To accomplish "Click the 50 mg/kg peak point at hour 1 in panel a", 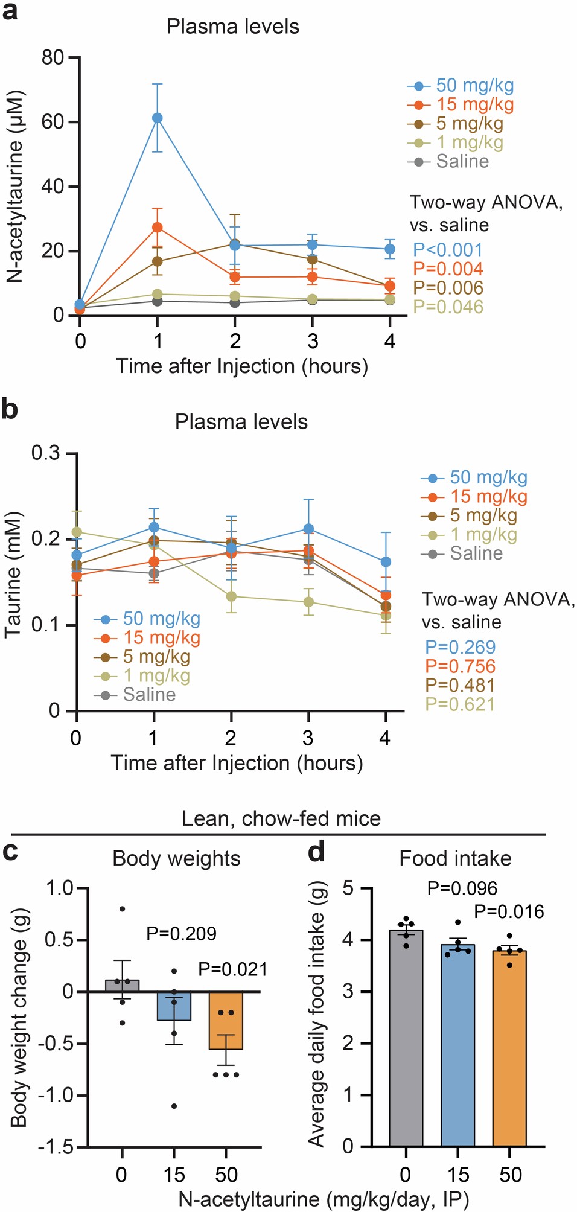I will pyautogui.click(x=157, y=118).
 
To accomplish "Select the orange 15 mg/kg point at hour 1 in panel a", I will pyautogui.click(x=157, y=228).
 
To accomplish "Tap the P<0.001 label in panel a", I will pyautogui.click(x=448, y=250).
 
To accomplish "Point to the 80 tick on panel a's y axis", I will pyautogui.click(x=53, y=58).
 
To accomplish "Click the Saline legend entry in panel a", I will pyautogui.click(x=462, y=162).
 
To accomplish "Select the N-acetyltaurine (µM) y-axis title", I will pyautogui.click(x=14, y=187).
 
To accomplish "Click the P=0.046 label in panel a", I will pyautogui.click(x=448, y=307).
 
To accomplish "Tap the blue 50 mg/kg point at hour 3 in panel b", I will pyautogui.click(x=308, y=529).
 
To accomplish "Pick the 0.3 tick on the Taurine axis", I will pyautogui.click(x=46, y=453).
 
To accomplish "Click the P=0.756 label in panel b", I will pyautogui.click(x=460, y=666).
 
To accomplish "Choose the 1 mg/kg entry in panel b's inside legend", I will pyautogui.click(x=156, y=676).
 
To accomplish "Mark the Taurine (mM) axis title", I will pyautogui.click(x=13, y=575).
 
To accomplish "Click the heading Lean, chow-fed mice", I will pyautogui.click(x=281, y=818).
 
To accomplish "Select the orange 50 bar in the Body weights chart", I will pyautogui.click(x=226, y=1020).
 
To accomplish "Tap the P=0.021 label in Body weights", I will pyautogui.click(x=233, y=969).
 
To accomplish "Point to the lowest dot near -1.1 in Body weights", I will pyautogui.click(x=174, y=1106).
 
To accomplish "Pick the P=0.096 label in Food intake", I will pyautogui.click(x=462, y=888).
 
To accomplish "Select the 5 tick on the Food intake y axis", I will pyautogui.click(x=348, y=888).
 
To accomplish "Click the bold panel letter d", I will pyautogui.click(x=316, y=852).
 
